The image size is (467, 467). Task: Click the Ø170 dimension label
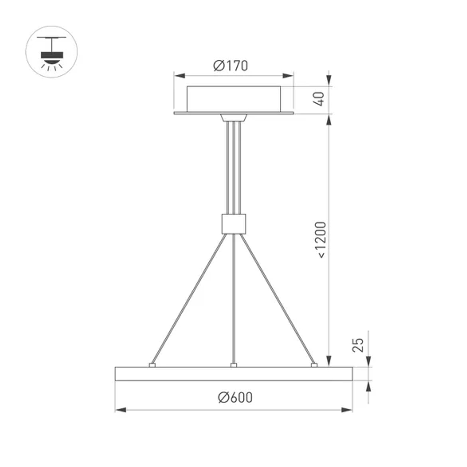(x=231, y=66)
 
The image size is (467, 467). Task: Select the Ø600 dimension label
(x=235, y=397)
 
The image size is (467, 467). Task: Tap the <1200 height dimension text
(x=322, y=240)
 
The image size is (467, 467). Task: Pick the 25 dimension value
(x=358, y=345)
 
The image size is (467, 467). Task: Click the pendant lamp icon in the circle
(x=51, y=52)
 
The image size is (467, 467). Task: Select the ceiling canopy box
(x=233, y=99)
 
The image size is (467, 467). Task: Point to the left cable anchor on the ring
(x=152, y=364)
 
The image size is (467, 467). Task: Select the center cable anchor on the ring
(x=233, y=364)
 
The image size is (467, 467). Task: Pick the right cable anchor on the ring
(x=314, y=364)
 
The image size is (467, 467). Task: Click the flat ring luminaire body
(x=233, y=374)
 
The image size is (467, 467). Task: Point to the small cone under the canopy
(x=233, y=117)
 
